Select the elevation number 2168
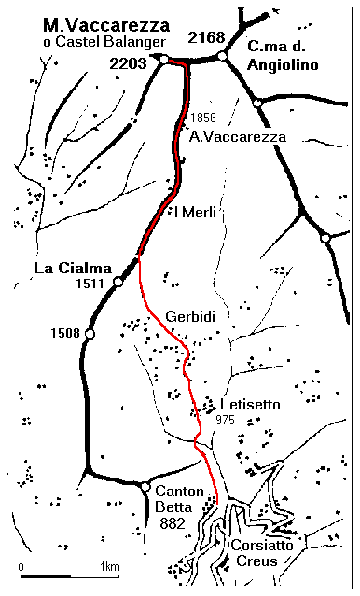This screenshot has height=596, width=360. click(x=206, y=38)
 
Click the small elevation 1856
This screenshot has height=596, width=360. click(x=201, y=118)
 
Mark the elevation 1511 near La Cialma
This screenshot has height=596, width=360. click(x=94, y=284)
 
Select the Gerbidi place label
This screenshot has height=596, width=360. click(x=190, y=317)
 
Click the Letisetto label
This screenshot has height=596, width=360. click(x=249, y=406)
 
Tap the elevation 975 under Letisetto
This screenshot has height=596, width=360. click(x=224, y=421)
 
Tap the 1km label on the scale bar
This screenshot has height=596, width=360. click(x=109, y=566)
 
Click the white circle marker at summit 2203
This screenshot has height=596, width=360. click(x=163, y=60)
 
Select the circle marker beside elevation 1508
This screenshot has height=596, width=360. click(x=90, y=334)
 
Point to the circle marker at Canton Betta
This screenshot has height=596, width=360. click(x=145, y=486)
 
